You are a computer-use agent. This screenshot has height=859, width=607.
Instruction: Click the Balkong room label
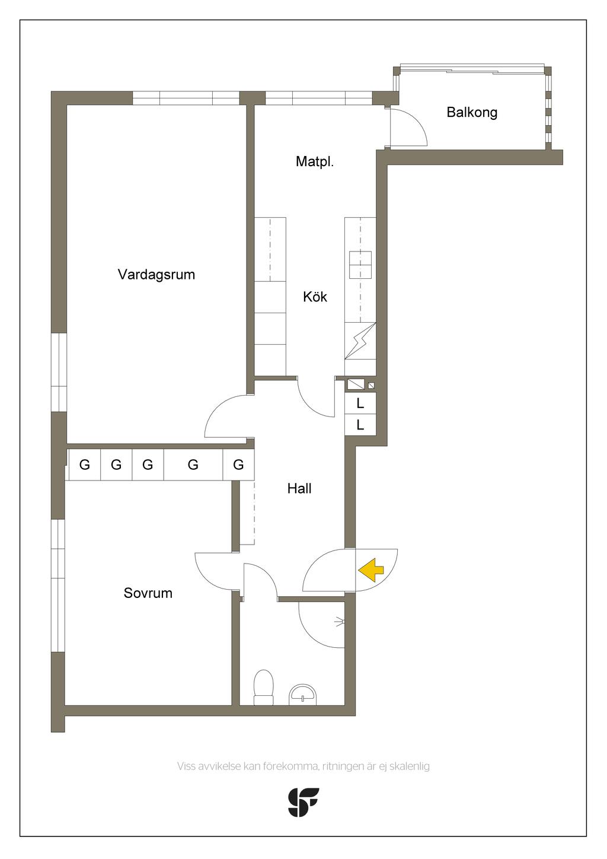click(472, 112)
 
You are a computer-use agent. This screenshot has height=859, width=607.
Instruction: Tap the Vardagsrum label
click(156, 275)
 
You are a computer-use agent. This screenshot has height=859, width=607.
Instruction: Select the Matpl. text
click(315, 161)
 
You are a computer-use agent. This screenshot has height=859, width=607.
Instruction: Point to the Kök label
click(315, 297)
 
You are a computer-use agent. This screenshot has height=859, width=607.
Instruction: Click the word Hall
click(299, 489)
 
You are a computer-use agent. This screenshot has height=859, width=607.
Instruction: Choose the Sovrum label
click(148, 593)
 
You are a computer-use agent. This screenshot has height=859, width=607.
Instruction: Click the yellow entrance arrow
click(371, 570)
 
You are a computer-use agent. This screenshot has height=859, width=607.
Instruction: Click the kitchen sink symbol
click(360, 265)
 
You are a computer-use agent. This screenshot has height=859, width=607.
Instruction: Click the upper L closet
click(360, 404)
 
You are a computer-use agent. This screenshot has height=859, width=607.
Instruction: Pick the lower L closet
click(360, 425)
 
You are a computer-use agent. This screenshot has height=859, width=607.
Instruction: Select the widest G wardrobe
click(193, 465)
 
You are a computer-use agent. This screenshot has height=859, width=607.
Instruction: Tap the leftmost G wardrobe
click(85, 465)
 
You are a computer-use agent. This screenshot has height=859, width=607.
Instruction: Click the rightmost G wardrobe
click(238, 465)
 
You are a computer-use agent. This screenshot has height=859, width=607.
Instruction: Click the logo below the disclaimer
click(303, 802)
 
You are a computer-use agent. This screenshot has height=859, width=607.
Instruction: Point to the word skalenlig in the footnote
click(410, 766)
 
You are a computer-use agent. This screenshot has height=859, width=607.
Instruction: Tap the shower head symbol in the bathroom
click(339, 622)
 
